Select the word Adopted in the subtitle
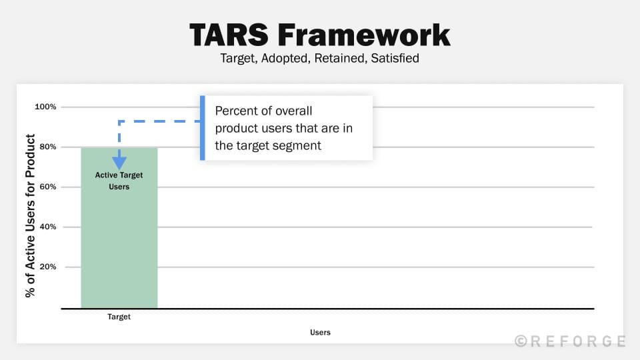[x=280, y=58]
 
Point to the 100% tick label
[x=45, y=107]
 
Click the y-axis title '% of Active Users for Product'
[x=30, y=215]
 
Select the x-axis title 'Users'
[x=320, y=332]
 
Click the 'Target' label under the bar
[x=119, y=317]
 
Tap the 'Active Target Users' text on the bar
[x=119, y=181]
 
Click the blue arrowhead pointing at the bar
[x=119, y=163]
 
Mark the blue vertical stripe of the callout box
[x=203, y=128]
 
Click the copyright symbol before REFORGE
[x=521, y=341]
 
